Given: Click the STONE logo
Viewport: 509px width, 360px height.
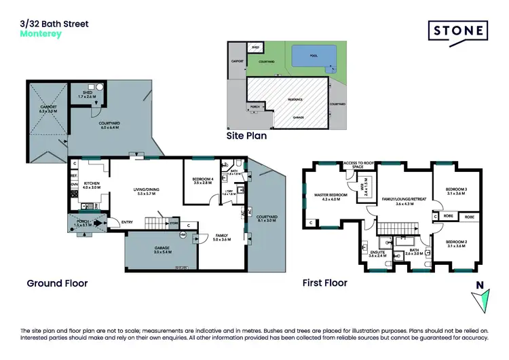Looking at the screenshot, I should (x=458, y=31).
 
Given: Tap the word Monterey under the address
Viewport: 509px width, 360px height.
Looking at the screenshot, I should (x=41, y=33).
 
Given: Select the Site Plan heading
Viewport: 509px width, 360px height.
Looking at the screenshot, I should (x=246, y=136).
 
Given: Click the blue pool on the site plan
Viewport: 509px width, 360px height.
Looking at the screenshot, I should (x=311, y=57).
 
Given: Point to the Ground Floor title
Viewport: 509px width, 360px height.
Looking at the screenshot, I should (x=57, y=283).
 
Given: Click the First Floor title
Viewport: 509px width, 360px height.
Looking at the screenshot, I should (x=325, y=283).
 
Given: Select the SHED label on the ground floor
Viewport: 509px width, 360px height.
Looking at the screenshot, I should (x=88, y=94).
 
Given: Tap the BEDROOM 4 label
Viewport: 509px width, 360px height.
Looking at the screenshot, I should (x=203, y=180).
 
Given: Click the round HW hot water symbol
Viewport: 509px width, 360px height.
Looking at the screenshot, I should (x=183, y=235).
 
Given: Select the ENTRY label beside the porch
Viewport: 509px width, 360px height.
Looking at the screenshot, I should (x=127, y=221).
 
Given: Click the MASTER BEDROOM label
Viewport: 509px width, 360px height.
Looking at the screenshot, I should (x=331, y=196).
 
